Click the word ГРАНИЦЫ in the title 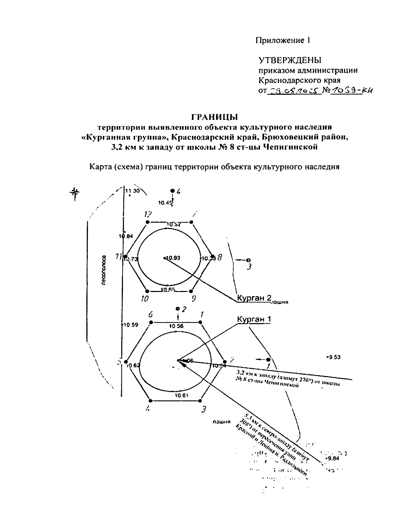point(214,117)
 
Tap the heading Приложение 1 point(283,41)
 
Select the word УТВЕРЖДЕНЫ point(290,60)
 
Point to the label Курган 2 point(254,298)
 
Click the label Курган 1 point(254,319)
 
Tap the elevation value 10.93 point(173,258)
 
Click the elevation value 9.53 point(334,357)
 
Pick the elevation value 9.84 point(333,459)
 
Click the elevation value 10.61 point(181,395)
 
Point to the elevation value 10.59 point(130,324)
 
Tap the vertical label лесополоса point(104,270)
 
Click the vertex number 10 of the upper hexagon point(144,299)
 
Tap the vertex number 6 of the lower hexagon point(151,315)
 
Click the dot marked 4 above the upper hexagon point(173,191)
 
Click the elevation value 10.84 point(126,236)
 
